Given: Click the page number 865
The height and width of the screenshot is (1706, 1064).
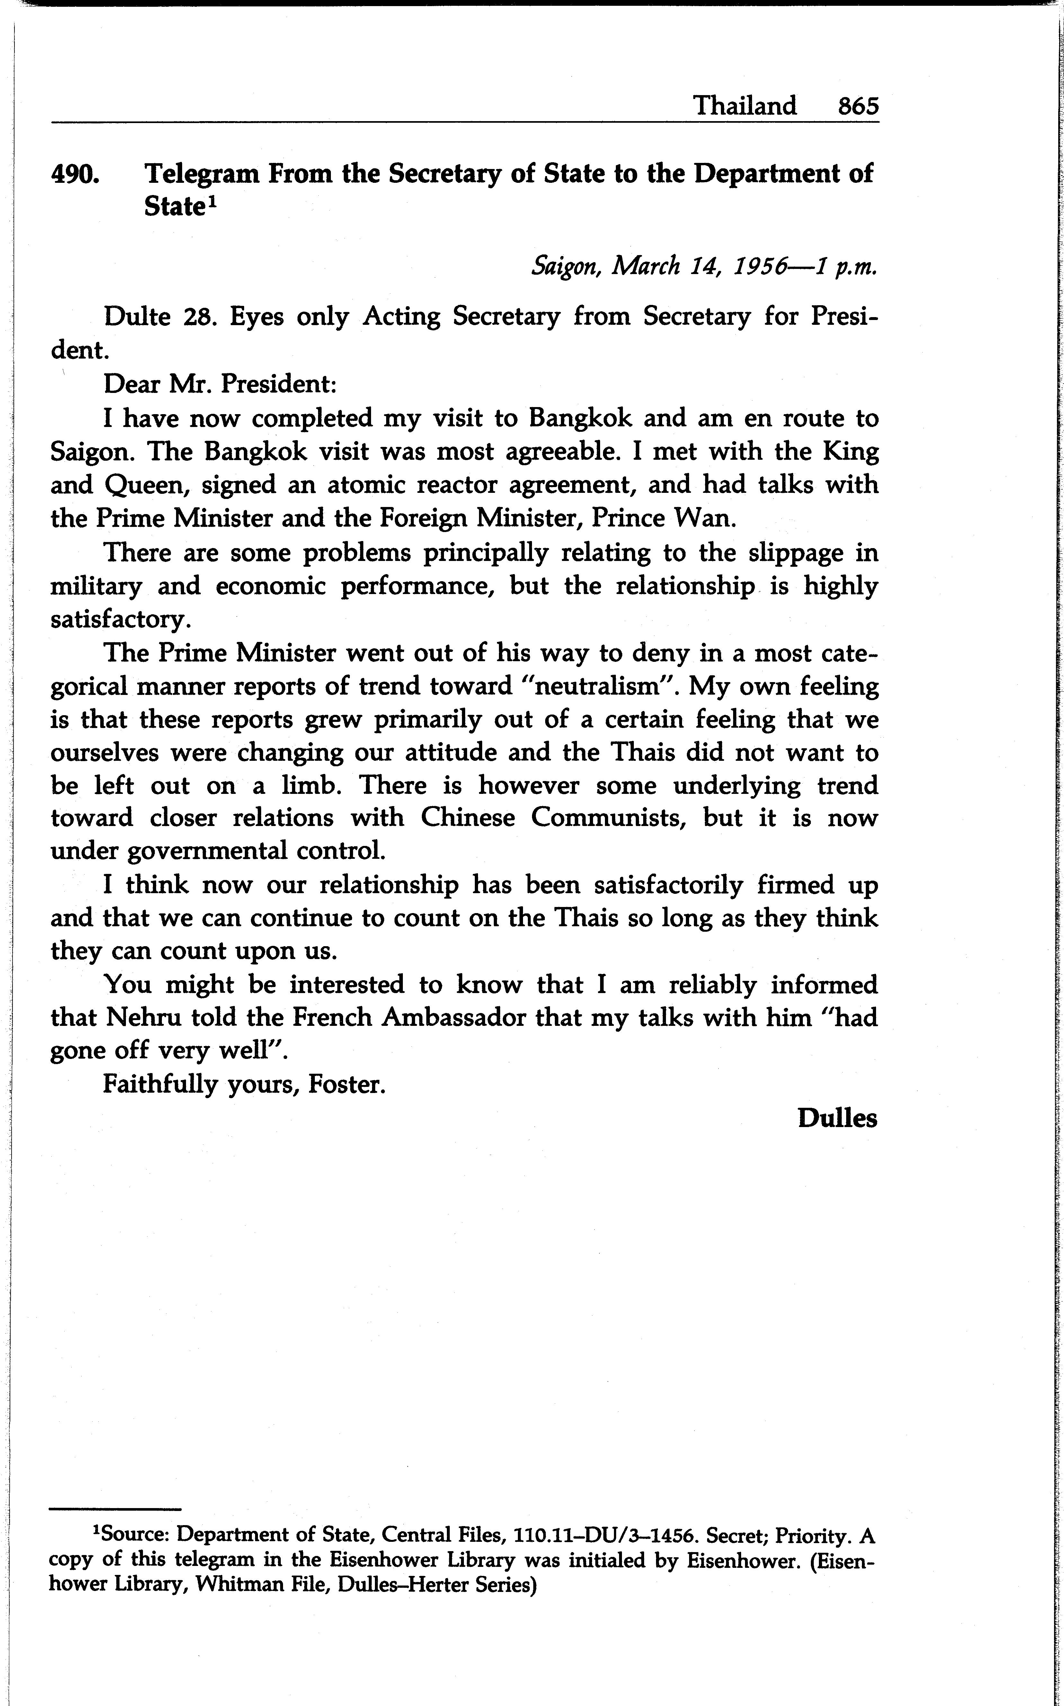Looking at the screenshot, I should pos(858,106).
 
